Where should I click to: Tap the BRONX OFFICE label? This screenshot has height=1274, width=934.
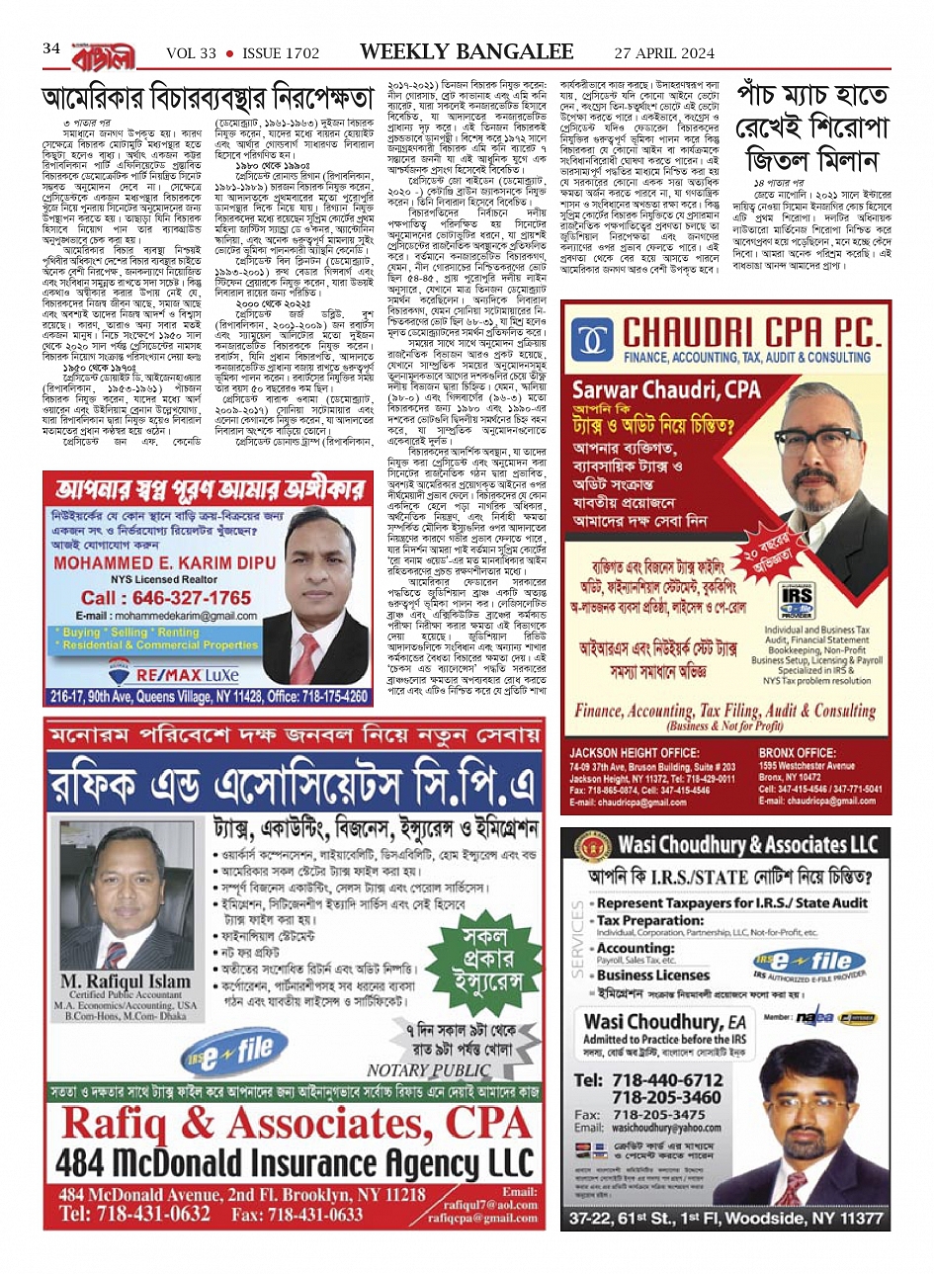pyautogui.click(x=798, y=752)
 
